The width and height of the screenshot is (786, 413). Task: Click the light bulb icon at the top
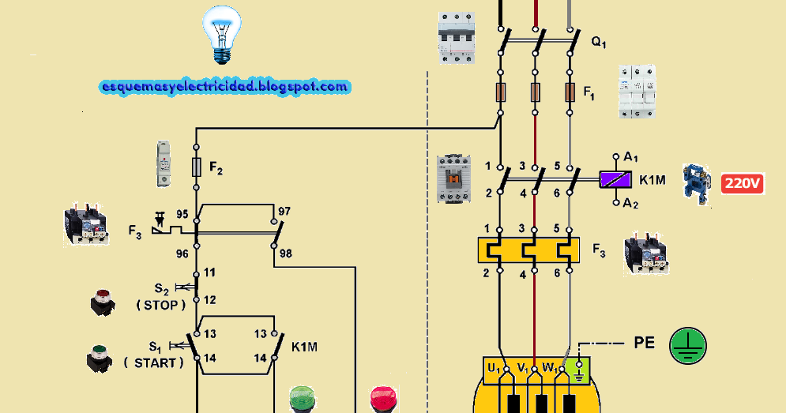click(220, 34)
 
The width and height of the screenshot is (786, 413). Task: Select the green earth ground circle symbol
click(688, 347)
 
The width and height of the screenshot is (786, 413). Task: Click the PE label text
click(645, 344)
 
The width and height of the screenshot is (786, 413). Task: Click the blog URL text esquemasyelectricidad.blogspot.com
click(225, 87)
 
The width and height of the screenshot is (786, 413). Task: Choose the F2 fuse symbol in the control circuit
click(196, 167)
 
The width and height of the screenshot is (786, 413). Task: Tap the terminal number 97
click(284, 212)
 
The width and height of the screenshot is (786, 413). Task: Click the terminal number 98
click(285, 253)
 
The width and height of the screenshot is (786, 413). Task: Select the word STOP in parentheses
click(161, 303)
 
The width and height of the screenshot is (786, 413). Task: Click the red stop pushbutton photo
click(102, 302)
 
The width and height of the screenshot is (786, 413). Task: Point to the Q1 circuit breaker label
click(599, 42)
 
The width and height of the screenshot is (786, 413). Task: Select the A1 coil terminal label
click(631, 157)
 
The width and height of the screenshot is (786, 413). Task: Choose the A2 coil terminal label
click(631, 203)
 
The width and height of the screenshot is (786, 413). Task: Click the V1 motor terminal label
click(522, 367)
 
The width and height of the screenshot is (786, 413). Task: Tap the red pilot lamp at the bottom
click(383, 399)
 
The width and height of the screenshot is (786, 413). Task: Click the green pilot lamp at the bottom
click(301, 399)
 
